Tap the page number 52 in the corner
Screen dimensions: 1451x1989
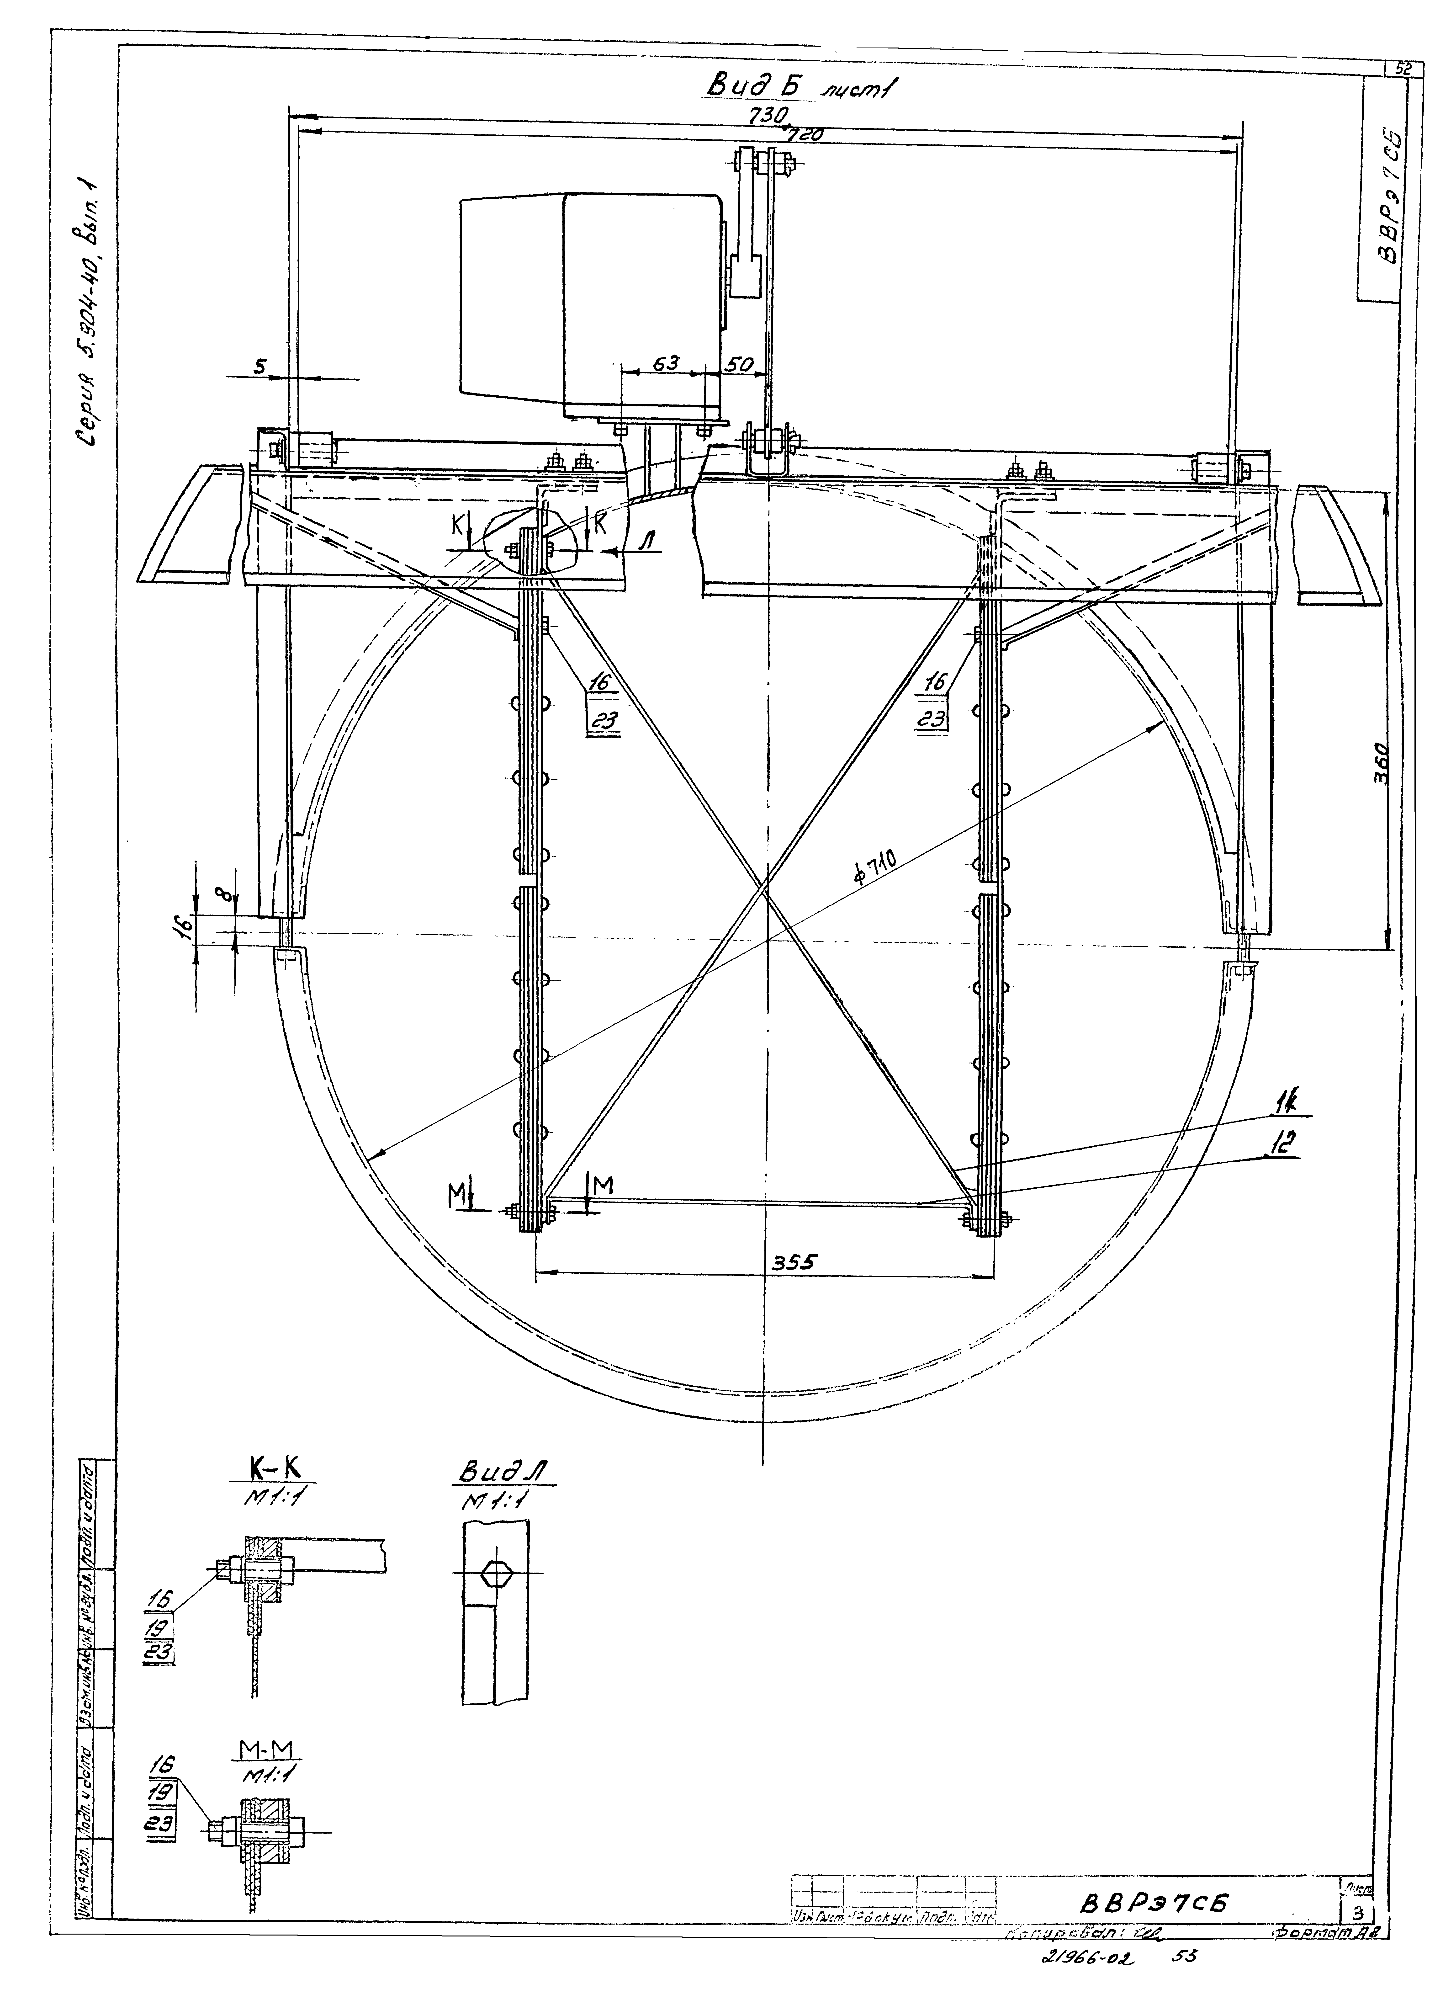[x=1397, y=68]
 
